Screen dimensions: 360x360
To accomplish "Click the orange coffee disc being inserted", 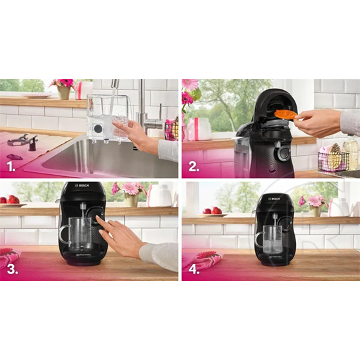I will click(285, 115).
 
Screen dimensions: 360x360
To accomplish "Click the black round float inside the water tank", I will click(97, 128).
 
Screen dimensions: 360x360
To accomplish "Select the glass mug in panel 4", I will click(271, 235).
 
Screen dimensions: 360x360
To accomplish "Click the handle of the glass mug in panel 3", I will click(63, 234).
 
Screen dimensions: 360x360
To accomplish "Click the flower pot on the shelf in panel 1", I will click(64, 92).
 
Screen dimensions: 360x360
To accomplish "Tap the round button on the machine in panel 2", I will click(283, 154).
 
